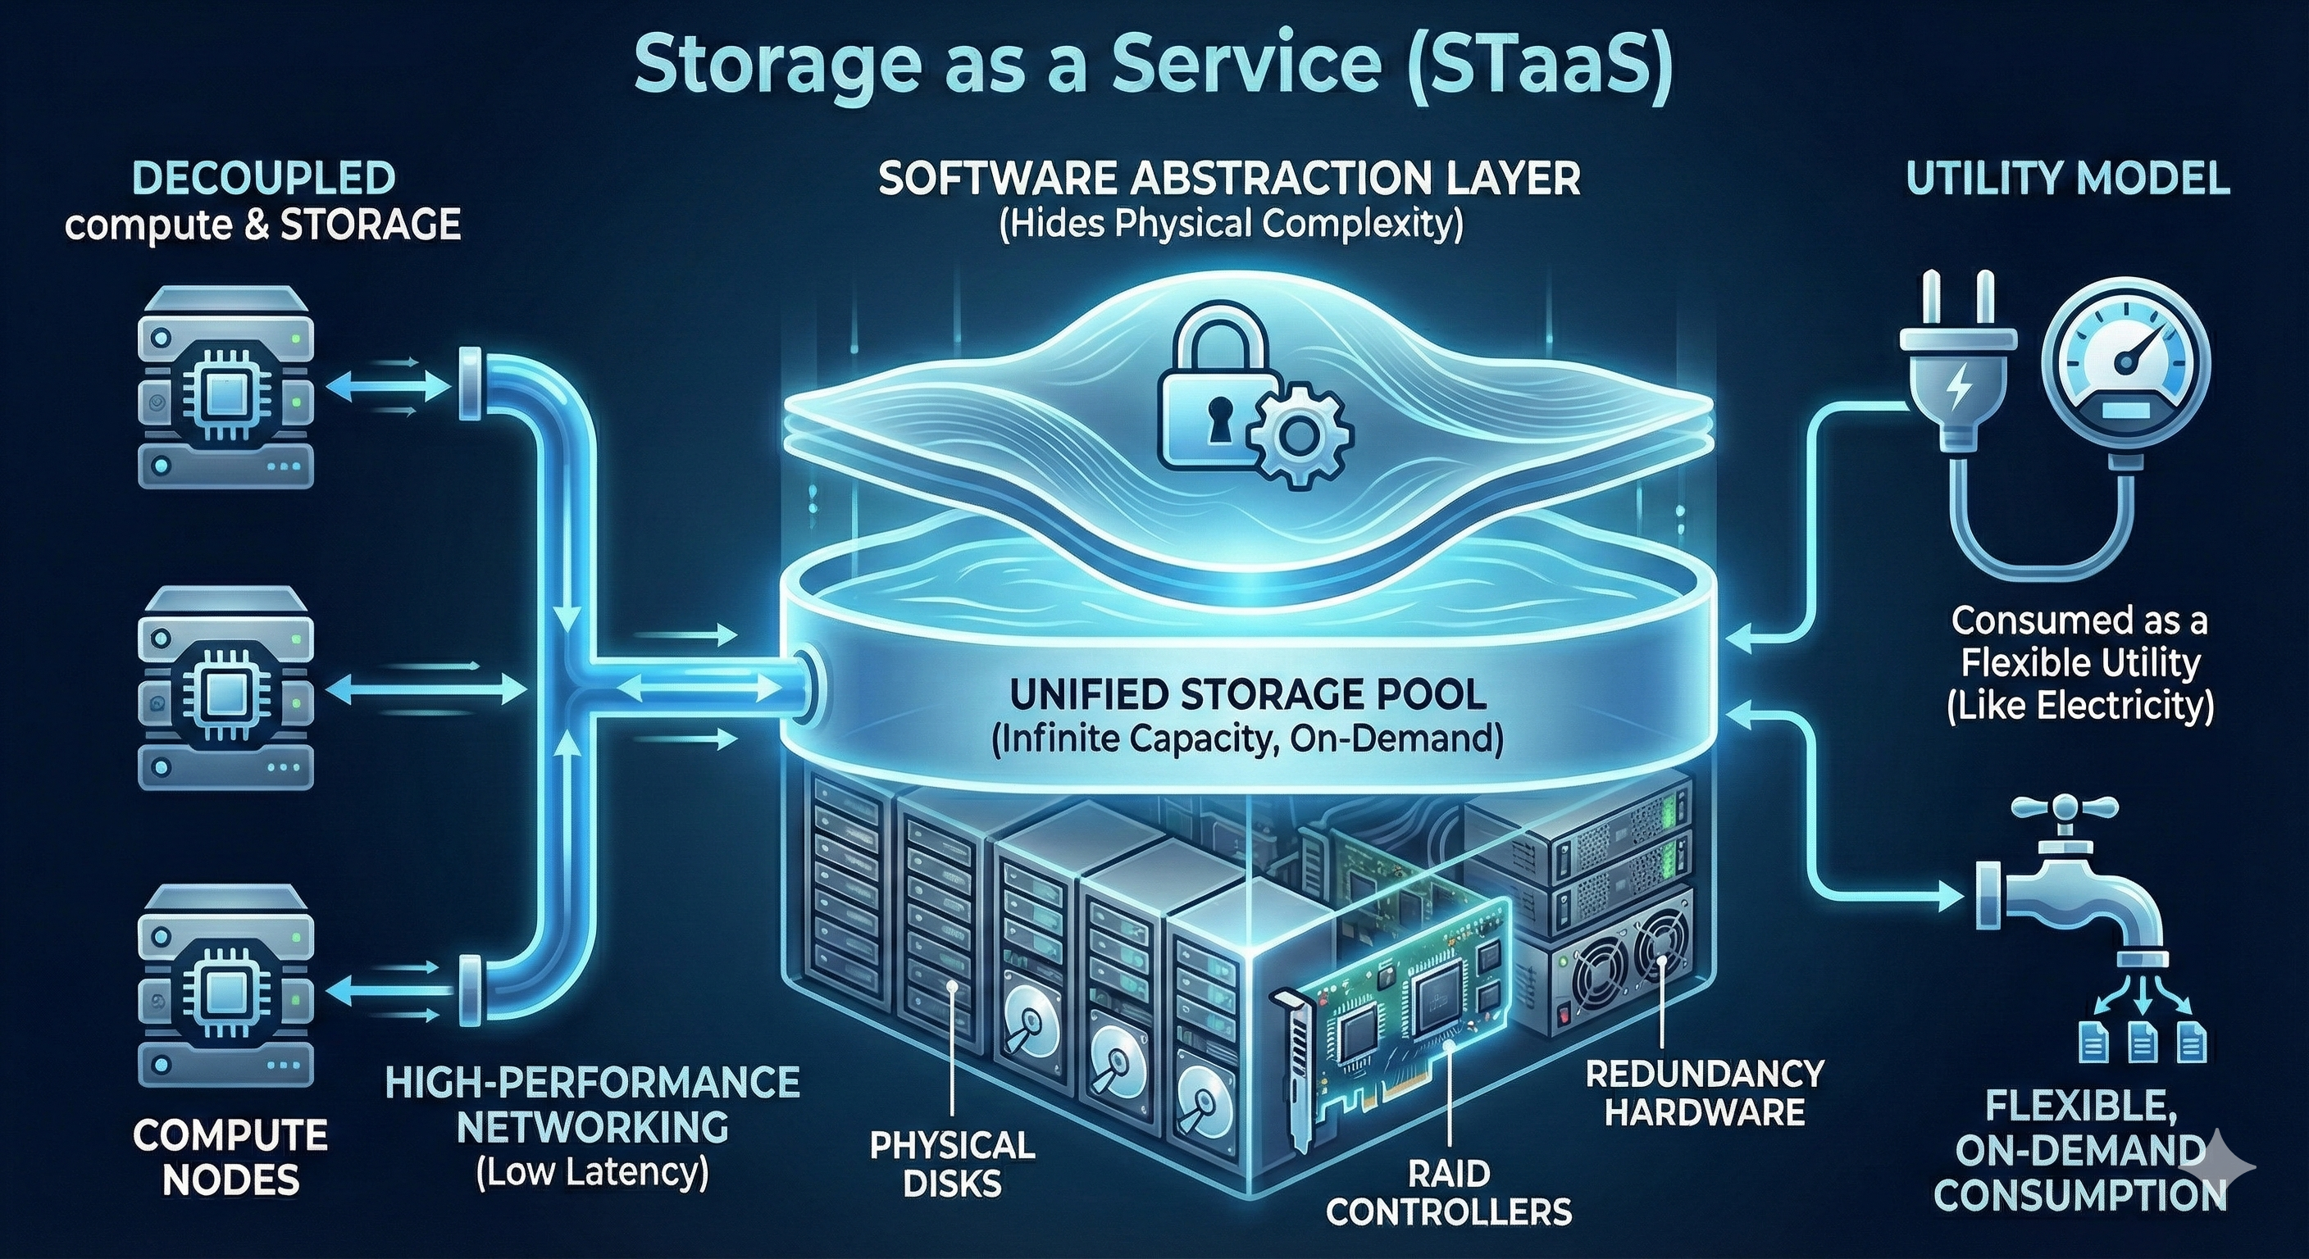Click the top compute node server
(227, 386)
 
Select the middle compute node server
(227, 688)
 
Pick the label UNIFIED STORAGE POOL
(1248, 694)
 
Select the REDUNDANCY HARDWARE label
(1704, 1093)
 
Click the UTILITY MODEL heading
(2067, 180)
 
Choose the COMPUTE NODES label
(230, 1157)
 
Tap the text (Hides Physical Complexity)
(1231, 223)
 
